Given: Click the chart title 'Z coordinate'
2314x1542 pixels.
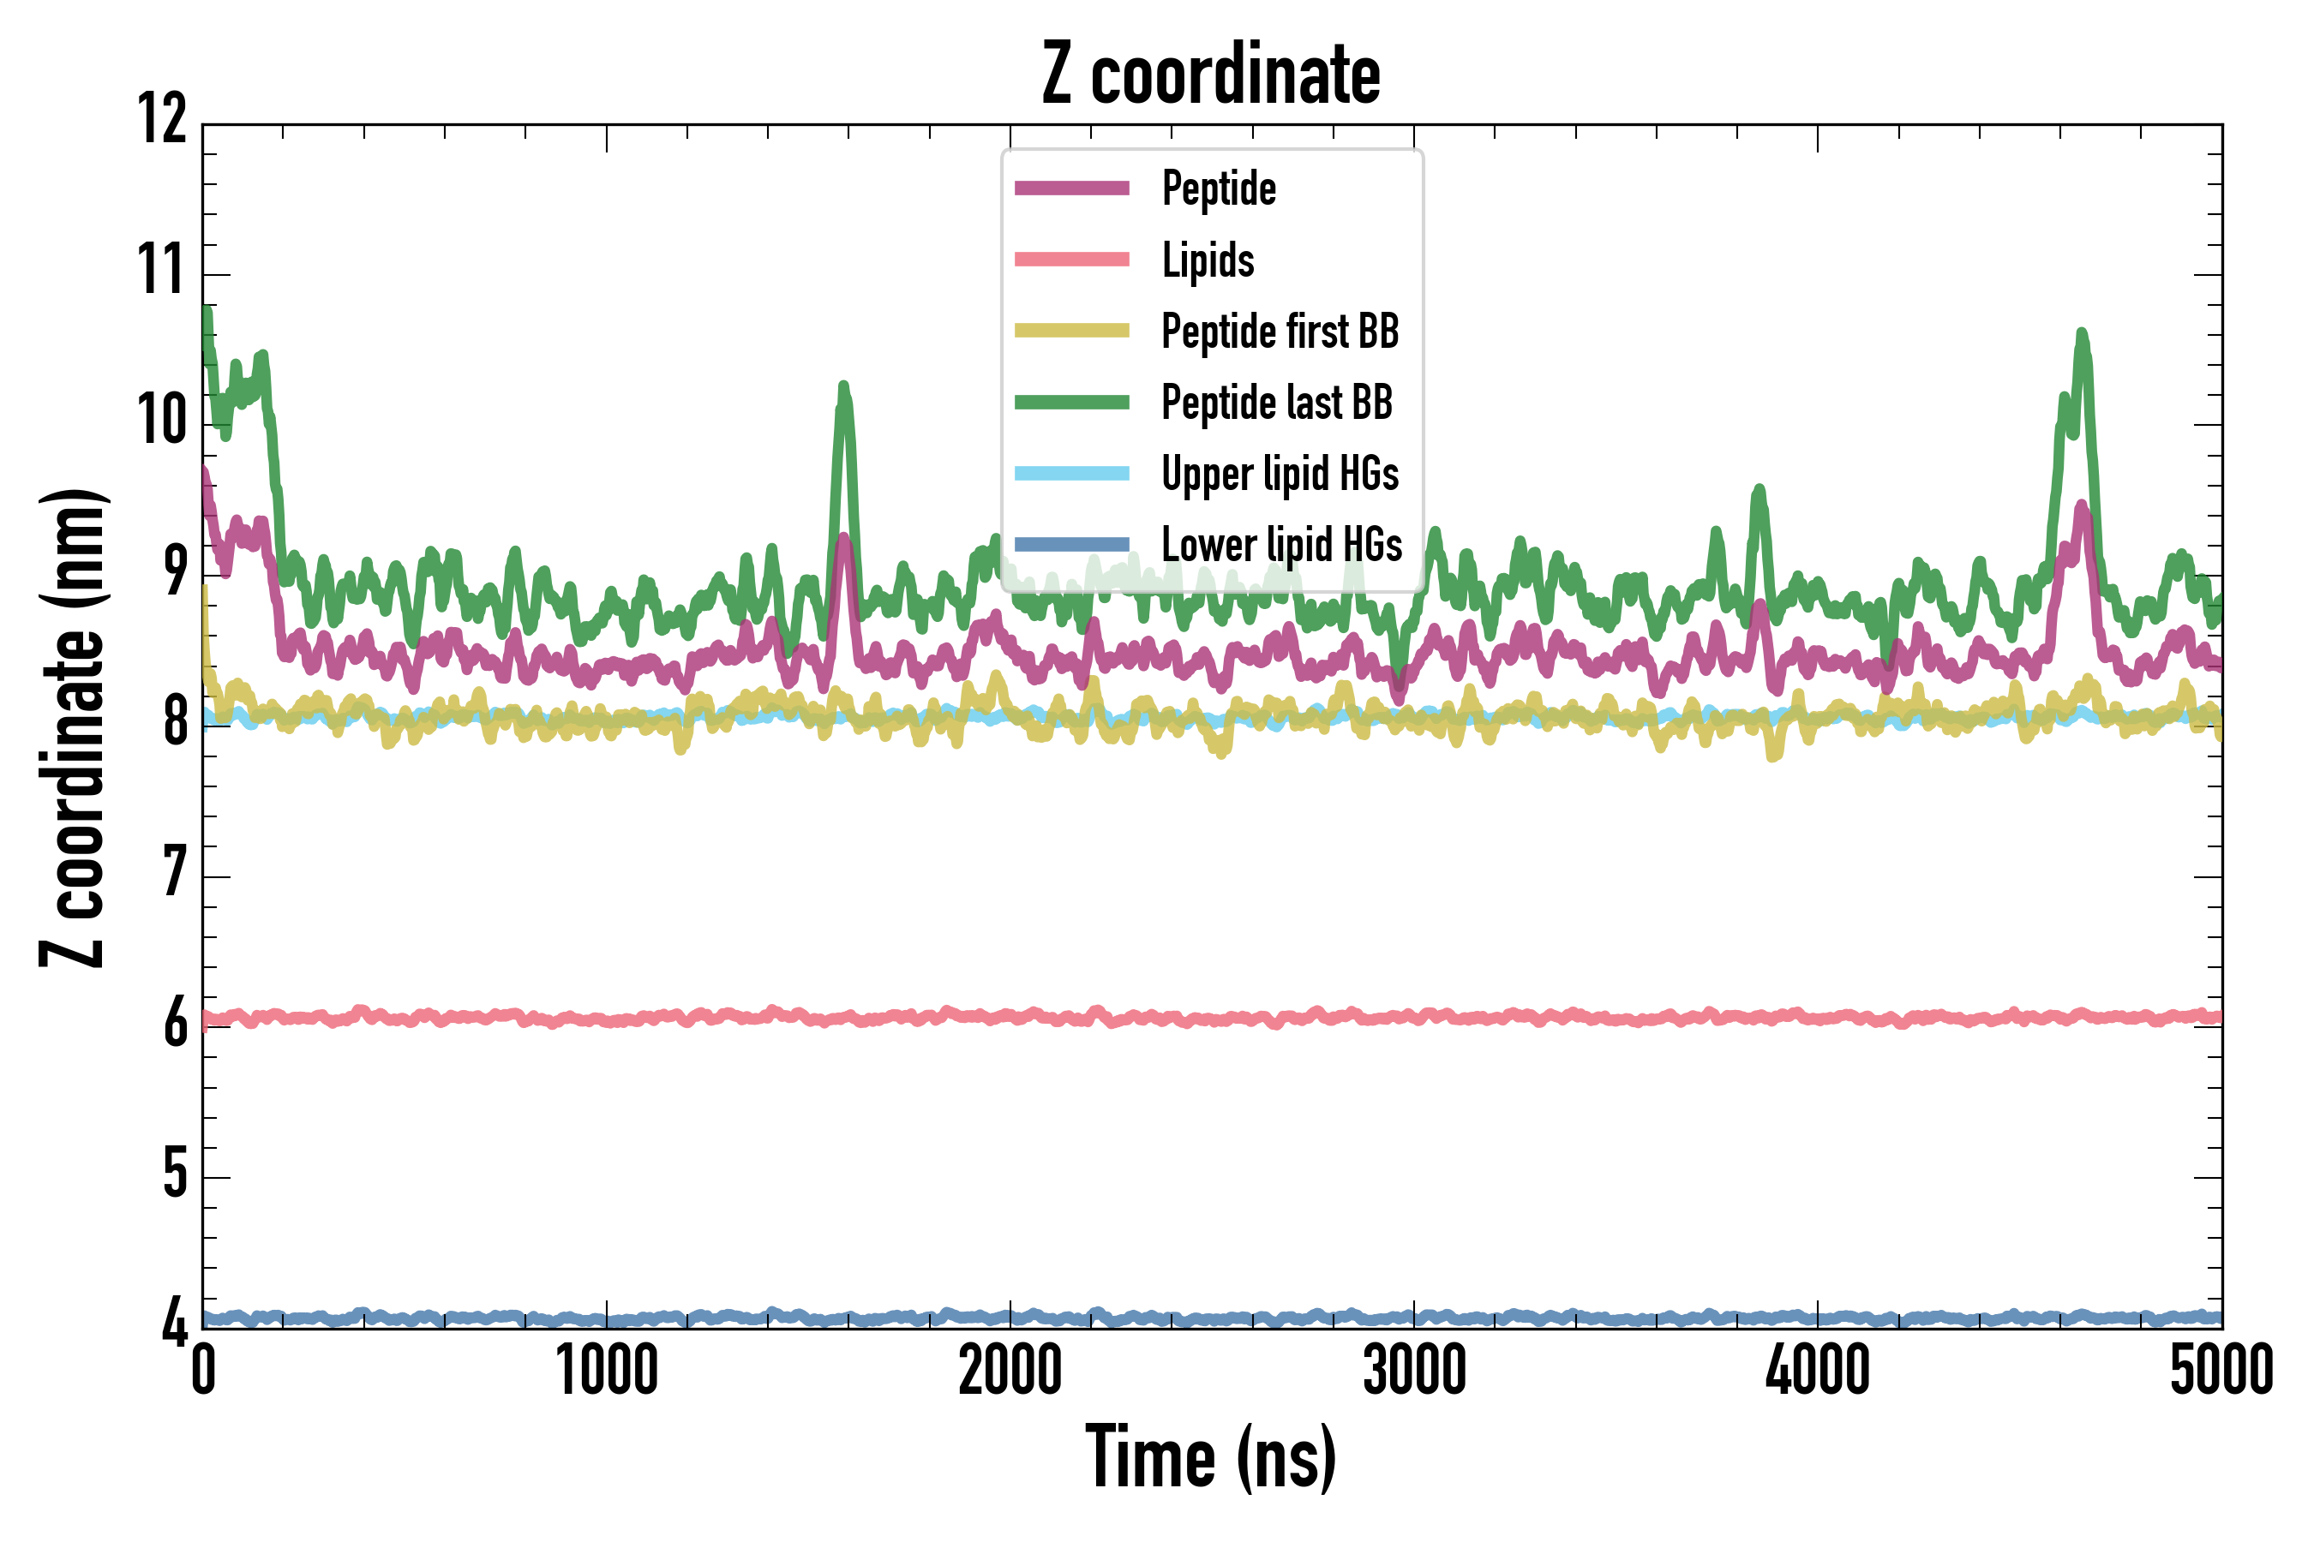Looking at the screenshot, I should [x=1211, y=75].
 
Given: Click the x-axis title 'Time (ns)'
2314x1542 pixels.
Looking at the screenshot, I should [x=1211, y=1457].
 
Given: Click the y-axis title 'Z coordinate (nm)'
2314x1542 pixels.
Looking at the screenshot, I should [x=73, y=727].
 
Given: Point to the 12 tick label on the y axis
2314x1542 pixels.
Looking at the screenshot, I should [x=162, y=120].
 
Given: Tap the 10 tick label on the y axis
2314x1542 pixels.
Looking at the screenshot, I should [x=162, y=421].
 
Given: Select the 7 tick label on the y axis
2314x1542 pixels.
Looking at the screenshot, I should [x=175, y=873].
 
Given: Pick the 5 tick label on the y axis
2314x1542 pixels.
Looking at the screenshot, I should [x=175, y=1174].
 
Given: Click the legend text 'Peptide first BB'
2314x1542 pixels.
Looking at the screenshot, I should [x=1279, y=332].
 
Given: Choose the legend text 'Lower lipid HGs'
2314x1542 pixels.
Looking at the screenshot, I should [x=1281, y=545].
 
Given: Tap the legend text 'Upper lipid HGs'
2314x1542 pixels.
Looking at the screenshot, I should [x=1279, y=474].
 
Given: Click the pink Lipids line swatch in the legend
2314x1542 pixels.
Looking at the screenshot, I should [x=1071, y=260].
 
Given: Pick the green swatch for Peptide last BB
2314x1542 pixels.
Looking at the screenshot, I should [x=1071, y=403].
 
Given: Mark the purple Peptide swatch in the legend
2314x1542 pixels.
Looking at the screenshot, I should [x=1071, y=188].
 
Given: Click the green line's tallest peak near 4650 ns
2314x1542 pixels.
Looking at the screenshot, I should [x=2081, y=335].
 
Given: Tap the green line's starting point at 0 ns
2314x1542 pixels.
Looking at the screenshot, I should [x=206, y=313].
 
